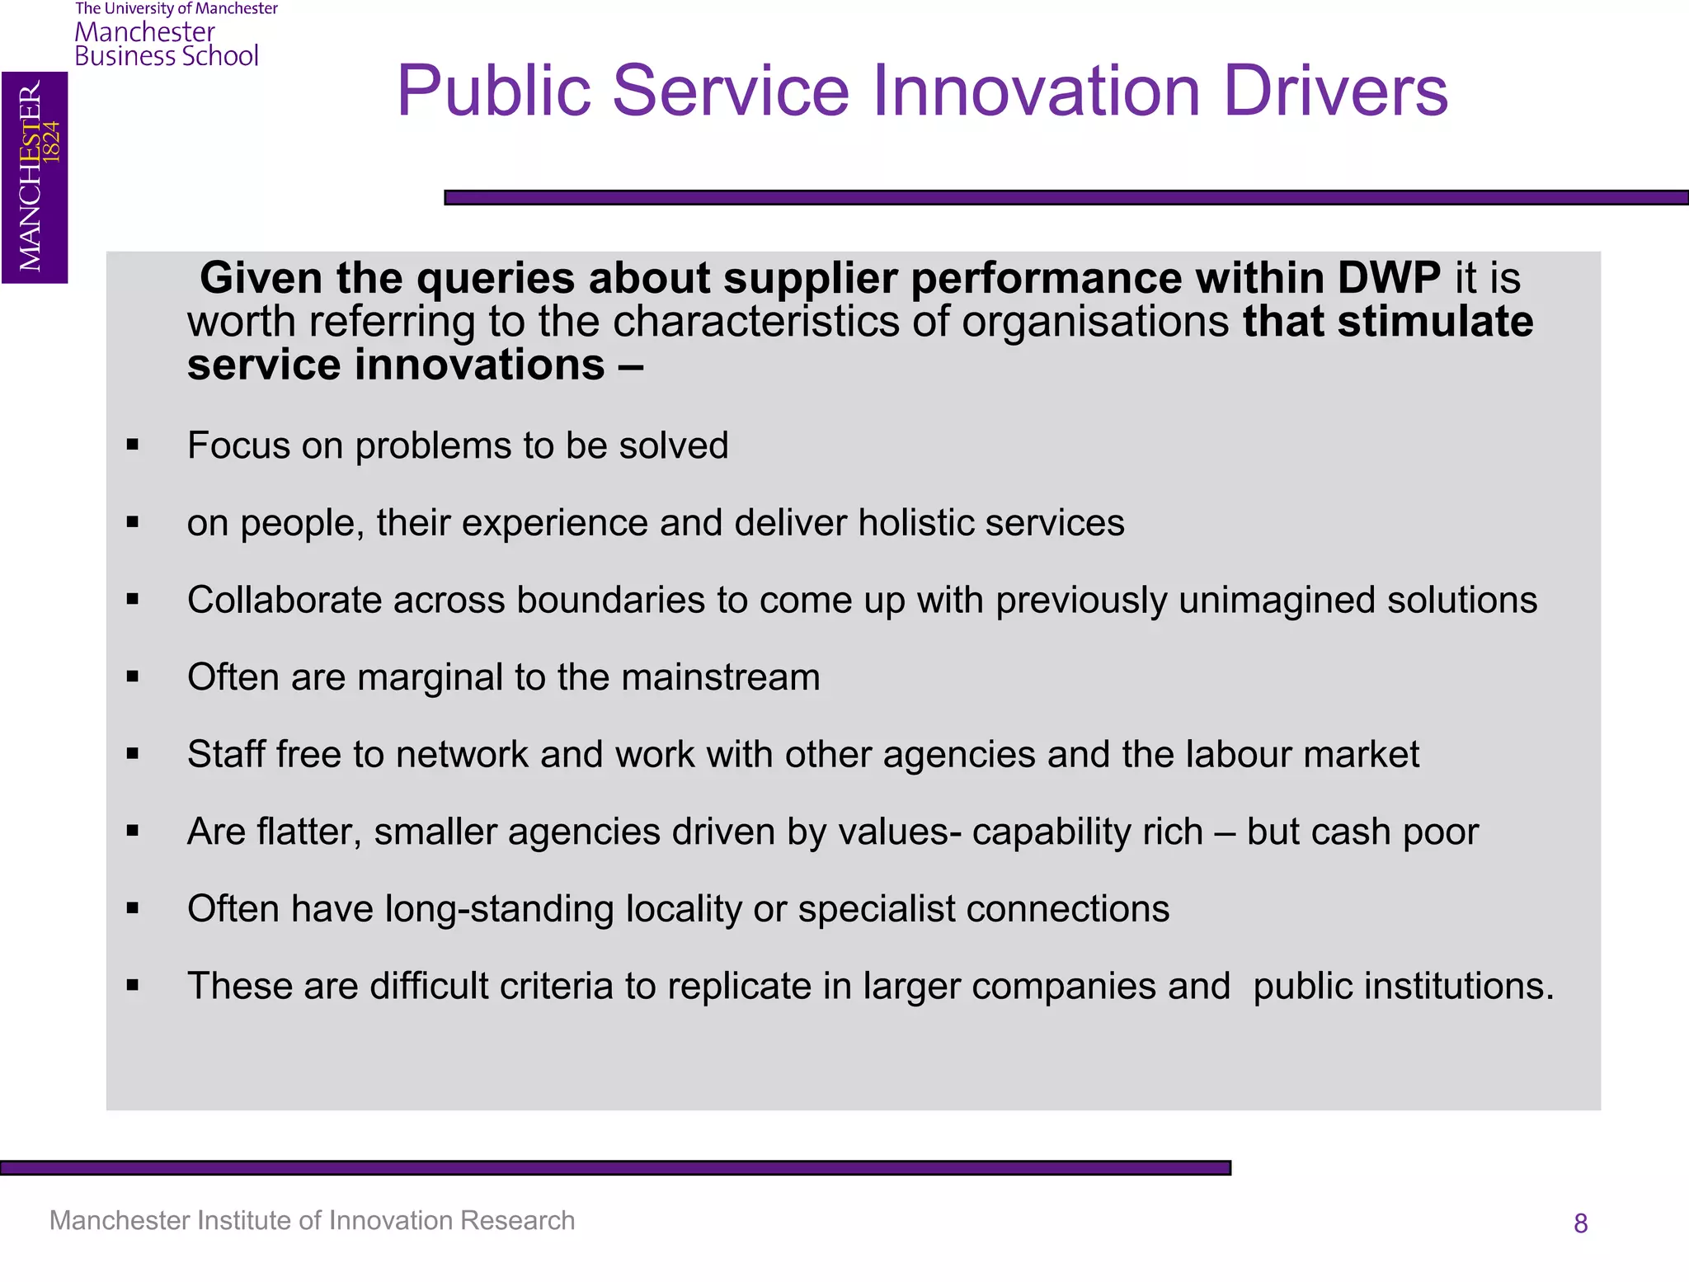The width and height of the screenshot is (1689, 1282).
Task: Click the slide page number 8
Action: (x=1580, y=1223)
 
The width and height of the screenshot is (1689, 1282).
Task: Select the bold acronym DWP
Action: (x=1389, y=278)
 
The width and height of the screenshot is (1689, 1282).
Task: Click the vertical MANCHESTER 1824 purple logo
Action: (x=35, y=177)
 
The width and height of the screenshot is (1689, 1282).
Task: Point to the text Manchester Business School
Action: (x=166, y=45)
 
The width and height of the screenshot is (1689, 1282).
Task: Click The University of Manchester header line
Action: (x=176, y=9)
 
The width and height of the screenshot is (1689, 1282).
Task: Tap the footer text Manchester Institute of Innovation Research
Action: (x=312, y=1220)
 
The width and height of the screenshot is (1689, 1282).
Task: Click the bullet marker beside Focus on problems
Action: (x=133, y=445)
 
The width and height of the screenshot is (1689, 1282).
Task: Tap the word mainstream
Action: (x=720, y=677)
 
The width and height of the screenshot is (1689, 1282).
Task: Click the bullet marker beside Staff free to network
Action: (x=133, y=753)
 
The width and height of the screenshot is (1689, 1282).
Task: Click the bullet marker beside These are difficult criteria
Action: (x=133, y=985)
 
